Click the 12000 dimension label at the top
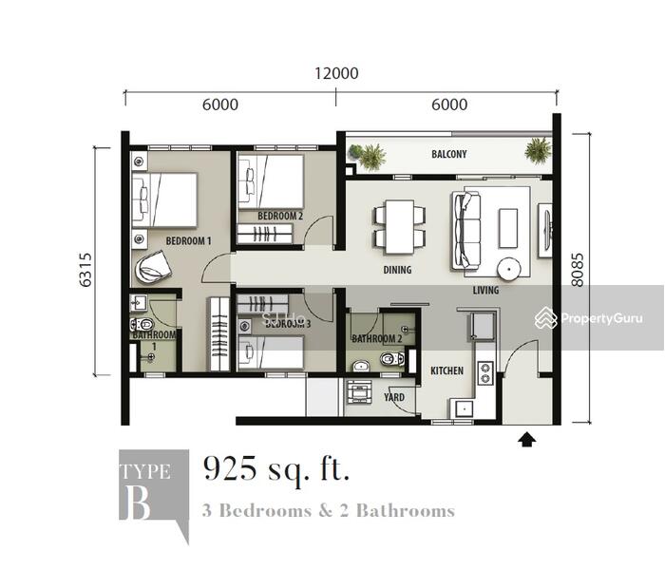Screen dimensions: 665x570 coord(336,73)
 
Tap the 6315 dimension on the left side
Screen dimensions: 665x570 coord(85,270)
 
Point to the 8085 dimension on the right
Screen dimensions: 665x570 coord(578,270)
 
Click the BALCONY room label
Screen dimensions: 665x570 coord(449,154)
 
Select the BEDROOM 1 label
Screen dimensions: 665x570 coord(188,241)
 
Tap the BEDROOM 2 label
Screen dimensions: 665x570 coord(280,216)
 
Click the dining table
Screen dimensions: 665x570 coord(400,227)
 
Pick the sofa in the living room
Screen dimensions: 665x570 coord(466,230)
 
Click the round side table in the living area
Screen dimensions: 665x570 coord(509,269)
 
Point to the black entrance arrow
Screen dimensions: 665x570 coord(526,440)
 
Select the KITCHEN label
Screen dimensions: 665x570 coord(447,370)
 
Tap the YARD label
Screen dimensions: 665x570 coord(394,397)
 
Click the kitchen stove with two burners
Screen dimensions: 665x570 coord(485,372)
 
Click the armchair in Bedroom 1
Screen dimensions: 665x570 coord(153,266)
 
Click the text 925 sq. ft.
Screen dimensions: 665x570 coord(276,469)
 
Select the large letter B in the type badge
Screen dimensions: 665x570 coord(138,503)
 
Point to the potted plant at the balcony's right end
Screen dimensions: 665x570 coord(538,150)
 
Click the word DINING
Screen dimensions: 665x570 coord(397,270)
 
